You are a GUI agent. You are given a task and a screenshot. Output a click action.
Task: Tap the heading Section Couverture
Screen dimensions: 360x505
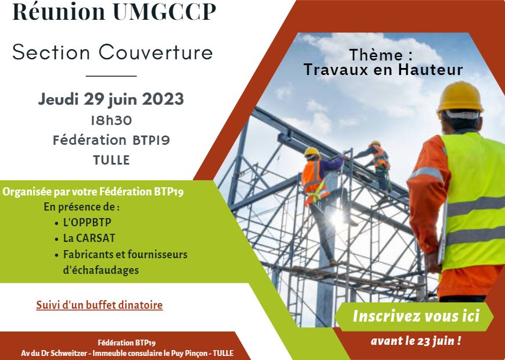tap(112, 52)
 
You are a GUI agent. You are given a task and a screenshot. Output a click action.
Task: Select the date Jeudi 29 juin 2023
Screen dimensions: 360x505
tap(111, 99)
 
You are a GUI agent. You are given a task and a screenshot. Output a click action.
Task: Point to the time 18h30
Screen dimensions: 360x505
tap(111, 120)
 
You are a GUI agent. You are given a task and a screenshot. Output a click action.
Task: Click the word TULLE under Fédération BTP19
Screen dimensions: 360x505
tap(111, 160)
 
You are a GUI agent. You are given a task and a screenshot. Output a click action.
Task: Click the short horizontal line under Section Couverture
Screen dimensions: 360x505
tap(111, 76)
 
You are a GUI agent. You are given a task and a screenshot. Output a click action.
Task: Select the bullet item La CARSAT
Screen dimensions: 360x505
tap(87, 238)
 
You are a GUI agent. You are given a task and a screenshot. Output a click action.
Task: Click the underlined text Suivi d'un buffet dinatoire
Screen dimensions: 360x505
tap(99, 305)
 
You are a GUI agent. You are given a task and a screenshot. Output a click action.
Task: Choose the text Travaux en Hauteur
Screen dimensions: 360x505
tap(383, 70)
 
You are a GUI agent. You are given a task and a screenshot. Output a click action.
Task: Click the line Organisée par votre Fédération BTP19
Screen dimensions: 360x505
tap(94, 191)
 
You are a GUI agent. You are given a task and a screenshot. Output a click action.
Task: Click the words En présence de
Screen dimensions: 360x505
tap(81, 206)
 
